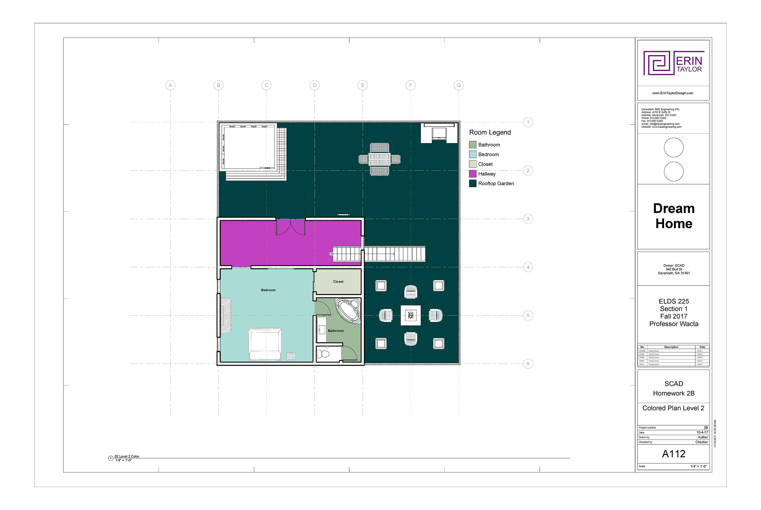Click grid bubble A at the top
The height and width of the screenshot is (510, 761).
coord(170,85)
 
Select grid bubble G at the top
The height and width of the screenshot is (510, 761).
coord(459,85)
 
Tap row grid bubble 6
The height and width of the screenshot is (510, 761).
coord(528,364)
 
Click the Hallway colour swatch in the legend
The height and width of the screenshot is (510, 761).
coord(472,174)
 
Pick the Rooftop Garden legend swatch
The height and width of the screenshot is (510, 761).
coord(472,183)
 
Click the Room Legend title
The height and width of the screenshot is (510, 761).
coord(490,132)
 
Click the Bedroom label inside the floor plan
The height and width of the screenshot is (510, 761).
coord(268,290)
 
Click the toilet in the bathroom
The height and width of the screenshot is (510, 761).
coord(323,354)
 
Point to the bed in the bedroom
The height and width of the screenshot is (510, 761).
coord(265,344)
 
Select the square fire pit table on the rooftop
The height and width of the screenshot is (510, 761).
coord(410,315)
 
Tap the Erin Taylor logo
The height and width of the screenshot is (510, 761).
coord(673,63)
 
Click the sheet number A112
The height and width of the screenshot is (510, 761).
coord(673,454)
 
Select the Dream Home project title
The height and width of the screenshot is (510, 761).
coord(673,216)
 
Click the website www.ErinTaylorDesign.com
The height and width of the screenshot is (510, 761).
coord(672,93)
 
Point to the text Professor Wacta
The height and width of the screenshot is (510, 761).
coord(673,324)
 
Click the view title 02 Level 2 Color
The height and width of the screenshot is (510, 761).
coord(127,456)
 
